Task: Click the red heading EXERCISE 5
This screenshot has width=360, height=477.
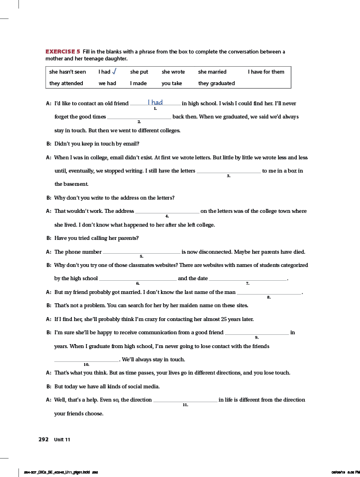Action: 63,52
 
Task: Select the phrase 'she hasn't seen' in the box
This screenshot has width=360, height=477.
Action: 67,72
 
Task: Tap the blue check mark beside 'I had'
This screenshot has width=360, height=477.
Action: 114,71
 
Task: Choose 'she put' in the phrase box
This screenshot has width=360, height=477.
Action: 139,72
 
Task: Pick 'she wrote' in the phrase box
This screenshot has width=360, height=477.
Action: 173,72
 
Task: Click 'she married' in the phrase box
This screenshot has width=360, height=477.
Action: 212,72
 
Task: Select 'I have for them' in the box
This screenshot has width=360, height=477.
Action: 266,72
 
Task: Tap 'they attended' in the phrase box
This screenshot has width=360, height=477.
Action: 66,83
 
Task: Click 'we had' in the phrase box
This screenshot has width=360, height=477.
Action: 107,83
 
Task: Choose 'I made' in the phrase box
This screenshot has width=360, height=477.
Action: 139,83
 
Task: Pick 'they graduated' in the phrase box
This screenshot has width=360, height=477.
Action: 216,83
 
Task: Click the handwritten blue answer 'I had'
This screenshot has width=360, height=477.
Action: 155,102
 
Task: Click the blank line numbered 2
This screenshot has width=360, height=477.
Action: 139,117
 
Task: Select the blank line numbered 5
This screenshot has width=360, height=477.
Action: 141,252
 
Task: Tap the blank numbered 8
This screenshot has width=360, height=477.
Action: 269,293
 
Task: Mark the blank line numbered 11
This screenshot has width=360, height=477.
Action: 185,400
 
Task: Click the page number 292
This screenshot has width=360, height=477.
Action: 43,439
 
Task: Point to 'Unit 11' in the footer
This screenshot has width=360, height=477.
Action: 62,439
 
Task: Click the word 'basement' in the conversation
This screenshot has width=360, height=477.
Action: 71,184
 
